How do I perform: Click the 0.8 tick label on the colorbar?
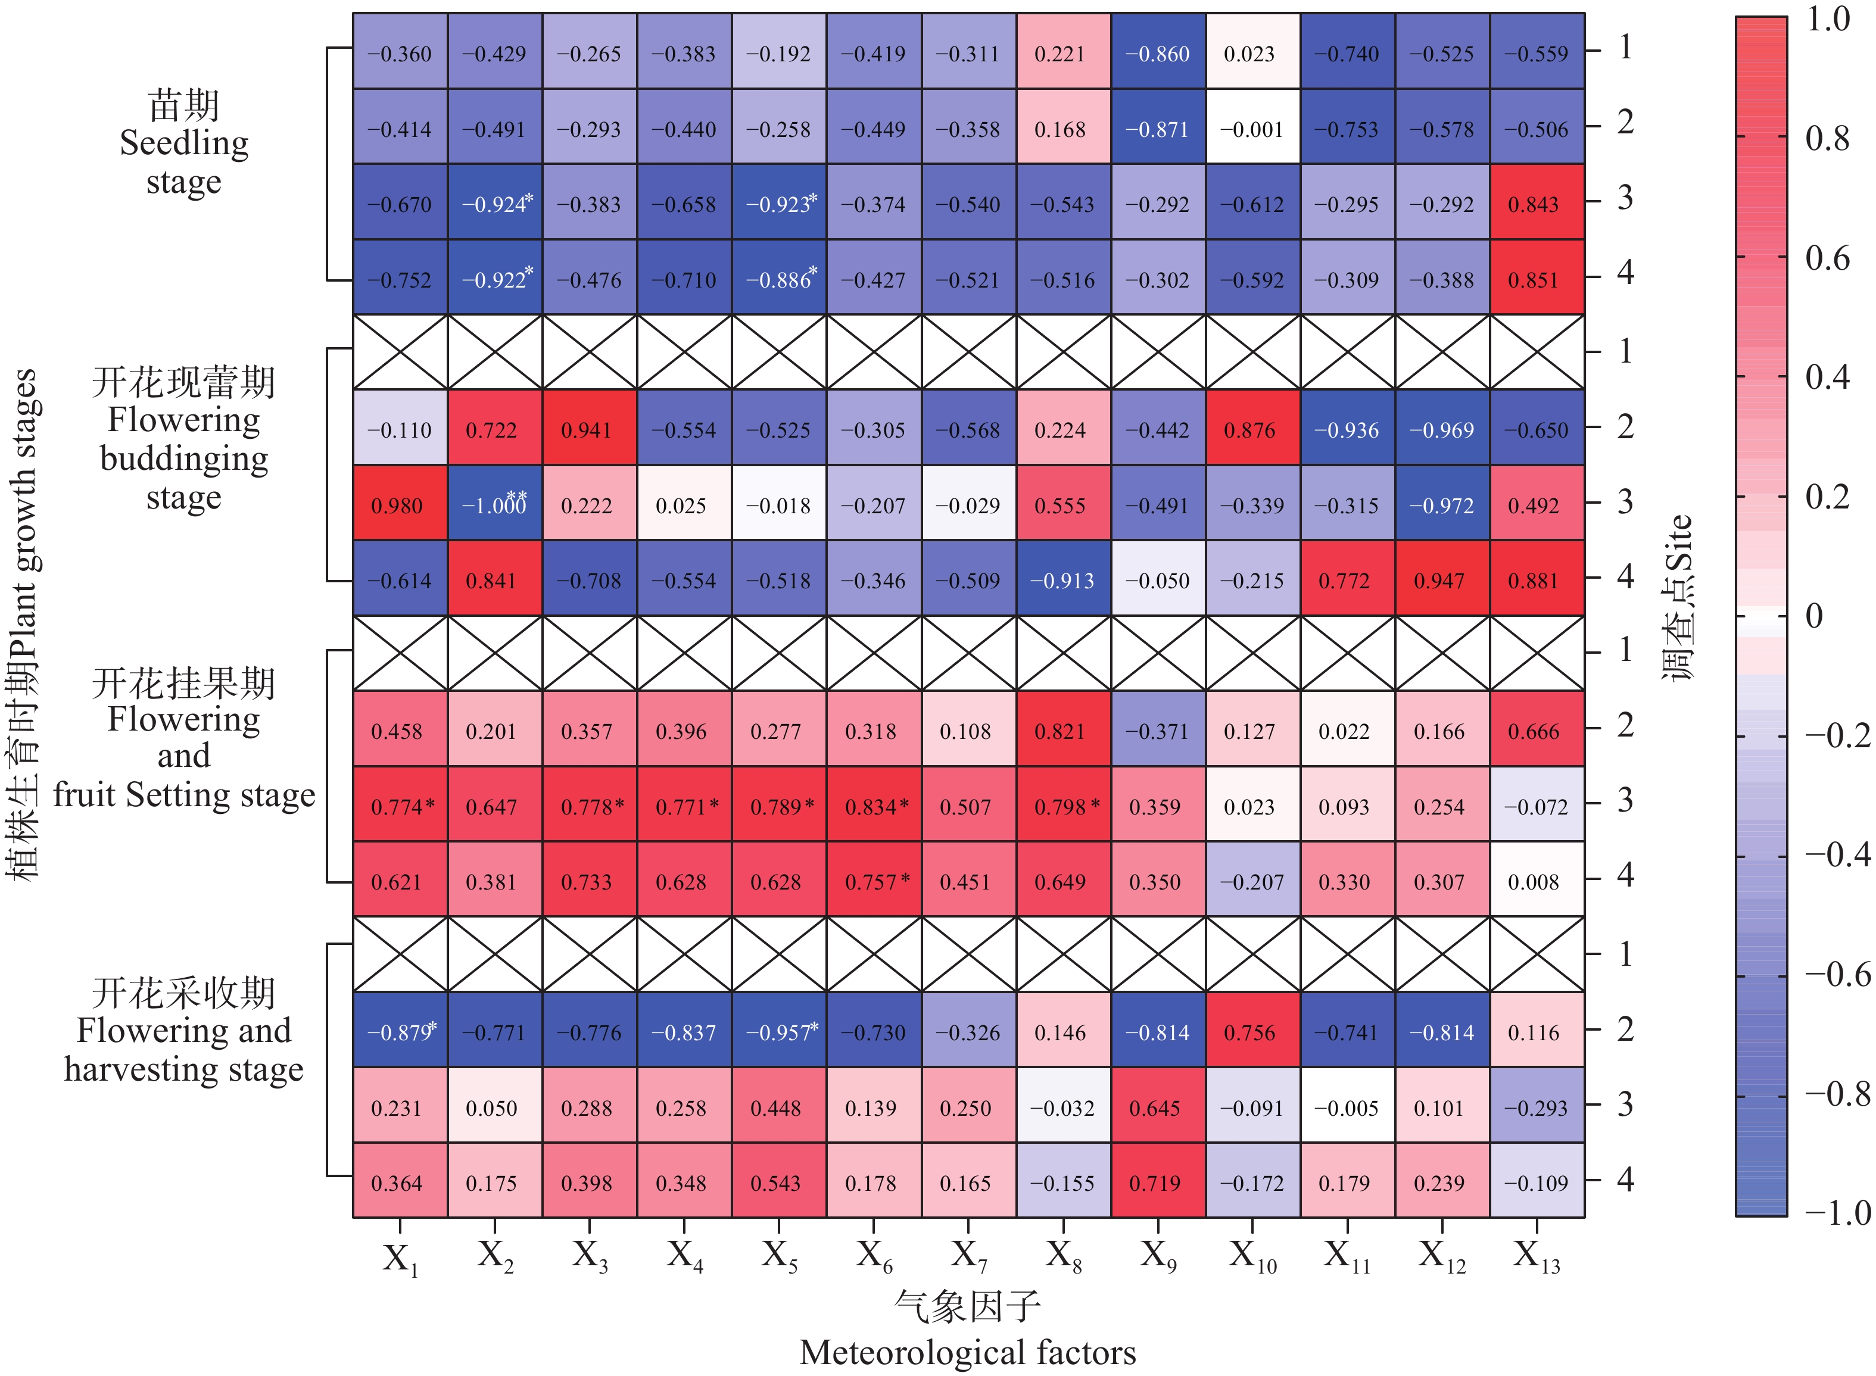[x=1827, y=138]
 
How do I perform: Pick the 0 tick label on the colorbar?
[x=1813, y=616]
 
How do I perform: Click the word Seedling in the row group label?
[x=184, y=143]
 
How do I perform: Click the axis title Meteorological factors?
[x=967, y=1353]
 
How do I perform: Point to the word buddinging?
[x=184, y=458]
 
